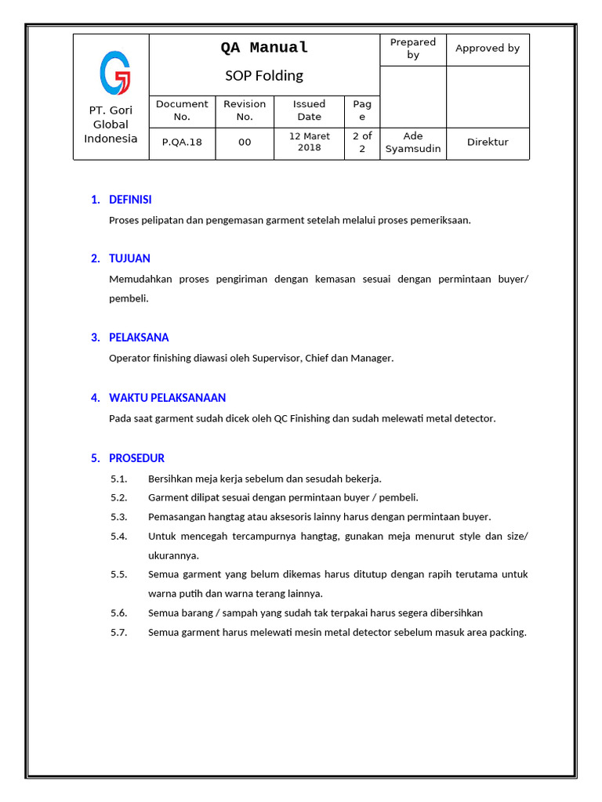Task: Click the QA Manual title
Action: tap(264, 48)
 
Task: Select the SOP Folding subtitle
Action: tap(264, 76)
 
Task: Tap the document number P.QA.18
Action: tap(182, 143)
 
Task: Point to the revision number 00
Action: tap(245, 143)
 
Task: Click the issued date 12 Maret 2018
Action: tap(310, 142)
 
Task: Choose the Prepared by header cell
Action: tap(413, 49)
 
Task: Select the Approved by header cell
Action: tap(488, 49)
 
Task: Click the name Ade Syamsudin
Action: tap(413, 143)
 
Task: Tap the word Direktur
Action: tap(488, 143)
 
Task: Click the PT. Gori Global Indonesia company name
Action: tap(111, 125)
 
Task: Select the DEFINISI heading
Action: tap(130, 200)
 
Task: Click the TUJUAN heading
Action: tap(129, 258)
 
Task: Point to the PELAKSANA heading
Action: tap(139, 338)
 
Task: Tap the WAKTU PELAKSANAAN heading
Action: tap(167, 398)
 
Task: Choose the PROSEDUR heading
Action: tap(136, 458)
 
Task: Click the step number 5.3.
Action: tap(119, 517)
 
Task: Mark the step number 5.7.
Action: tap(119, 633)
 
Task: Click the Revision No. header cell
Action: tap(245, 110)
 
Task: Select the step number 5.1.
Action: tap(119, 479)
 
